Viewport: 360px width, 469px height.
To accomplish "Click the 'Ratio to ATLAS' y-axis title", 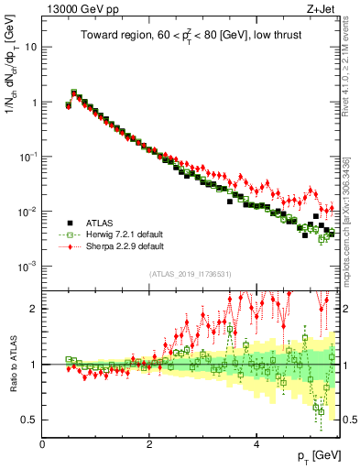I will [11, 365].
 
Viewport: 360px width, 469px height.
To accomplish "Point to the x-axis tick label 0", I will [42, 444].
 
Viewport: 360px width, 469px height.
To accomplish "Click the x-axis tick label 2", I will [149, 444].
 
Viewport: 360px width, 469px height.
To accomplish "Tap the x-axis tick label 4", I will [256, 444].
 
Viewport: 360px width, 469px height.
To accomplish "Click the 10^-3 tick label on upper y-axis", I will [28, 266].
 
